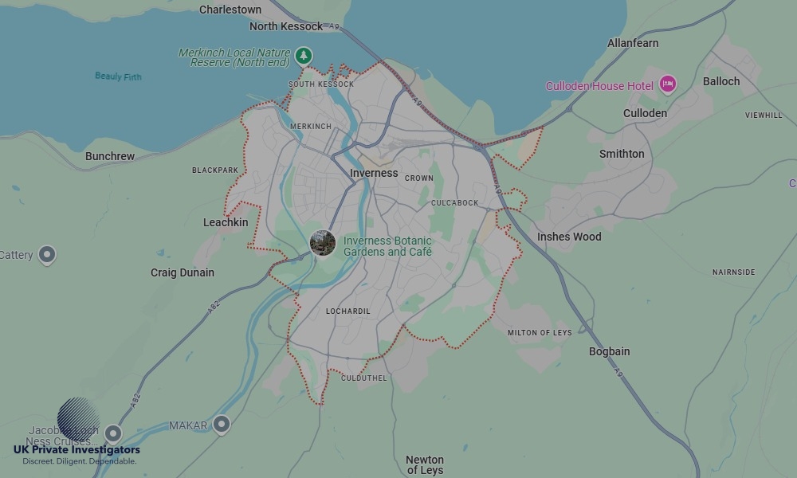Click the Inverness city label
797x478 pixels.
(x=374, y=173)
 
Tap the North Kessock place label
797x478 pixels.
(x=286, y=26)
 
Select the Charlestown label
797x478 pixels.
(x=230, y=10)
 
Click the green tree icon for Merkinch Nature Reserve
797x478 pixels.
(x=303, y=56)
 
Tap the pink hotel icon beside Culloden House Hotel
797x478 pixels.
(x=667, y=84)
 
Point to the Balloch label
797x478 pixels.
(x=721, y=81)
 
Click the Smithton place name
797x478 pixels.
(x=622, y=154)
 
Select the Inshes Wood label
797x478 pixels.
(x=569, y=237)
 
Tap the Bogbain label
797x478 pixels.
(x=610, y=351)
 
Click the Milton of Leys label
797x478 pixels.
(x=540, y=333)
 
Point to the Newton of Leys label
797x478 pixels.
(x=425, y=464)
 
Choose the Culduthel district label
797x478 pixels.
(x=363, y=378)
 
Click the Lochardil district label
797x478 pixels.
(x=348, y=311)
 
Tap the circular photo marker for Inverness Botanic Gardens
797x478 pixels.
(x=323, y=243)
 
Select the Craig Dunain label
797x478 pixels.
(x=183, y=272)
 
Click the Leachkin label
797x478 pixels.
(x=226, y=222)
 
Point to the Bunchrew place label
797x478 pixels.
(x=110, y=156)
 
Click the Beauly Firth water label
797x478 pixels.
(x=118, y=76)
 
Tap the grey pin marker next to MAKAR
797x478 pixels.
(x=222, y=425)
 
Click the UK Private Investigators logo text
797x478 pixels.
(x=77, y=450)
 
